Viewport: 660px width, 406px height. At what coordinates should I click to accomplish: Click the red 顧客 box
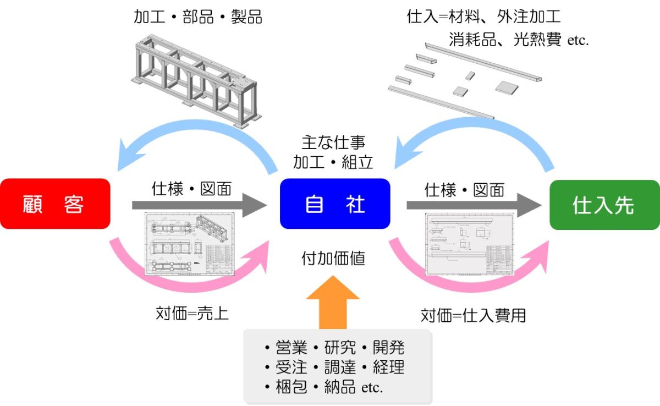click(x=55, y=204)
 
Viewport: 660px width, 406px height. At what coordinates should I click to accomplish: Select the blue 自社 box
click(x=334, y=204)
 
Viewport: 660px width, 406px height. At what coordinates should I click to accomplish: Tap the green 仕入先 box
click(x=604, y=205)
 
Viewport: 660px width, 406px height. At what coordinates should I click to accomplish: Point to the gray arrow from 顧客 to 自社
click(x=198, y=205)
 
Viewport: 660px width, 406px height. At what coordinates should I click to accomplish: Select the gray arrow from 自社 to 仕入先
click(x=473, y=205)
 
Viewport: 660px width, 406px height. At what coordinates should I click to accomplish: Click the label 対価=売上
click(x=191, y=314)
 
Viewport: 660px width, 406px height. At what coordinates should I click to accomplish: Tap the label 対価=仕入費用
click(x=473, y=315)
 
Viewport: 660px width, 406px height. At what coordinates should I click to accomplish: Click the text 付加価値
click(x=333, y=258)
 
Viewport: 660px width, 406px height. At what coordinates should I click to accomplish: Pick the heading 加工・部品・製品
click(x=198, y=17)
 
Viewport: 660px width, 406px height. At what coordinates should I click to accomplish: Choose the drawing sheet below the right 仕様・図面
click(x=469, y=244)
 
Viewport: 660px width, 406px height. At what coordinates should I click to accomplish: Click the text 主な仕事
click(x=333, y=145)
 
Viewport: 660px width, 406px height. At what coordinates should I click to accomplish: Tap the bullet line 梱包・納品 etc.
click(x=323, y=386)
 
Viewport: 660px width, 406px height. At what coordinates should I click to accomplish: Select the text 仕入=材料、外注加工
click(x=483, y=17)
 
